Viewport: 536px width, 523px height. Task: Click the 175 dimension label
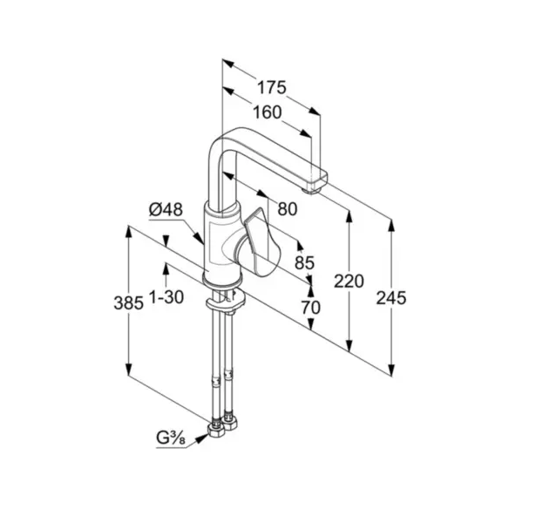(x=271, y=87)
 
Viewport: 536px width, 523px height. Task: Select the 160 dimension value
(x=267, y=112)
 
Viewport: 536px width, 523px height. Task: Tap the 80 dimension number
(x=288, y=209)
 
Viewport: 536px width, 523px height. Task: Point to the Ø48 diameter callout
(x=166, y=209)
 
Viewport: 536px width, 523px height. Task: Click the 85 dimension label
(x=304, y=263)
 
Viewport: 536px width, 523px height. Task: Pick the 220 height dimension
(x=349, y=282)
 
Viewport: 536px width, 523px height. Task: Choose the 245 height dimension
(x=391, y=298)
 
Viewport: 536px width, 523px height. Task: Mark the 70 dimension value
(x=311, y=308)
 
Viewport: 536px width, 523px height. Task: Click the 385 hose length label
(x=128, y=303)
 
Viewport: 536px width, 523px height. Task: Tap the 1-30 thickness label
(x=166, y=297)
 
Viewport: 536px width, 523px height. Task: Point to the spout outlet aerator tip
(x=312, y=190)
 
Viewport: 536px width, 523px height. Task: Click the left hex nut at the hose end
(x=215, y=430)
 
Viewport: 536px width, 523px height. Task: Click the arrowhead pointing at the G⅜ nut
(x=202, y=438)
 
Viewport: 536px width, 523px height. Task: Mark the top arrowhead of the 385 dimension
(x=128, y=232)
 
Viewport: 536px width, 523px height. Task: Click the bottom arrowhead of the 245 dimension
(x=391, y=370)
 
